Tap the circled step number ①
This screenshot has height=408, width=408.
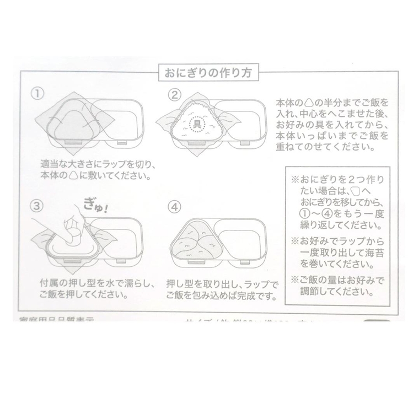coord(37,93)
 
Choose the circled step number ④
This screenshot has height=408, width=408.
coord(175,208)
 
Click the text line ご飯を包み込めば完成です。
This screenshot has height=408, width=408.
coord(221,295)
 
